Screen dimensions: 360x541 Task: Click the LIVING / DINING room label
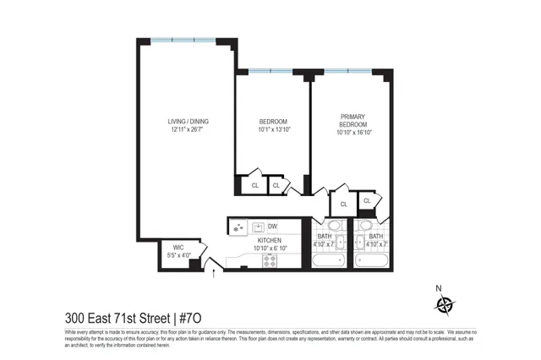188,122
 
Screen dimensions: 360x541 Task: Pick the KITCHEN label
270,240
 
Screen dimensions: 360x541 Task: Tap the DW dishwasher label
272,226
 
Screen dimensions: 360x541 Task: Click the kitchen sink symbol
238,227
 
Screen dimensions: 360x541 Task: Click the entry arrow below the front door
214,273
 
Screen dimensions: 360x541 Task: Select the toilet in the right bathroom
365,226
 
